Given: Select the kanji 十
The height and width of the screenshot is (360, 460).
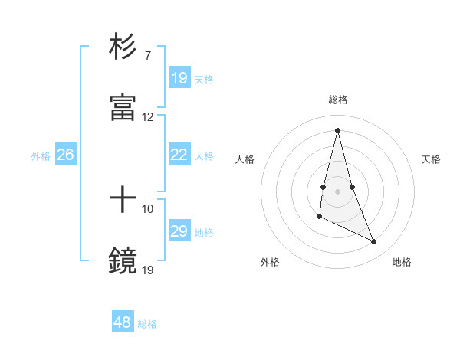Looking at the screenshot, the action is [123, 201].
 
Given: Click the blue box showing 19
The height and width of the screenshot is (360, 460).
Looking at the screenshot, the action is [179, 77].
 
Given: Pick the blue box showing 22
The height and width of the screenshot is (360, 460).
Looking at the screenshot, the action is [179, 155].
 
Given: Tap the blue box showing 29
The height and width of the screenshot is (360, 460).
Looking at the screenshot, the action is [179, 231].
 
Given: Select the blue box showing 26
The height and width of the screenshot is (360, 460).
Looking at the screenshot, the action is [65, 155].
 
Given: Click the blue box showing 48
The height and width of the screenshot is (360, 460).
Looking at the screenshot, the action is [123, 322].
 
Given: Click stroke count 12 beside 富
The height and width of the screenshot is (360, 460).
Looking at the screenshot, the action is [148, 117].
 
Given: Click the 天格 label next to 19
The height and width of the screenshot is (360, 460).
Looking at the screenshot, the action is [204, 79].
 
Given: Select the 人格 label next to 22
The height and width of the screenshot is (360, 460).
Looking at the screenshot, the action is [204, 156].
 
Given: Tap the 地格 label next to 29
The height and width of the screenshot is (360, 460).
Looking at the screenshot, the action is [204, 233].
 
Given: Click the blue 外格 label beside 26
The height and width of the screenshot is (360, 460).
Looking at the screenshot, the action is [41, 156].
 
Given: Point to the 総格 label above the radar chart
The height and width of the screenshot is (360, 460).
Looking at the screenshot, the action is [338, 100].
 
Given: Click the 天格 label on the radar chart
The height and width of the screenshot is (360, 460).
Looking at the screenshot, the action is [431, 159].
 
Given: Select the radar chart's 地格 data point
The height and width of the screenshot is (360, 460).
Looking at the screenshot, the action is [374, 242].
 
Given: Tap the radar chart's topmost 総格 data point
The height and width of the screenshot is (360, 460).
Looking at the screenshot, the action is [337, 129].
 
